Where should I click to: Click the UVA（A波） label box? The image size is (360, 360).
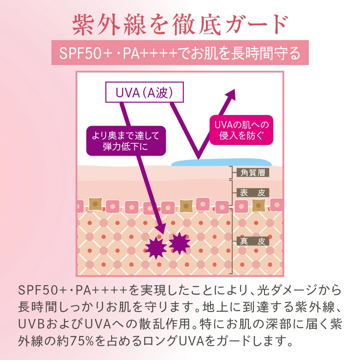point(144,92)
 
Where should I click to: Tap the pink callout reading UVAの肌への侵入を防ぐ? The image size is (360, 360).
point(241,130)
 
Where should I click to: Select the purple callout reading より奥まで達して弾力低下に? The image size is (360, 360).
point(126,141)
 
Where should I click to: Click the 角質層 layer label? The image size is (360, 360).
point(253,173)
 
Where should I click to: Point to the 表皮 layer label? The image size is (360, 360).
point(253,193)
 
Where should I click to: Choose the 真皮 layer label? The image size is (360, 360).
point(253,241)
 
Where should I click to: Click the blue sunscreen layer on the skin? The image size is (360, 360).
point(221,162)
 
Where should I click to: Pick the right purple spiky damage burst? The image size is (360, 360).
point(179,243)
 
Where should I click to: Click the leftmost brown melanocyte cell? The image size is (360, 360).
point(95,204)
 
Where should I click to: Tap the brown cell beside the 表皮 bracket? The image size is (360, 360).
point(259,206)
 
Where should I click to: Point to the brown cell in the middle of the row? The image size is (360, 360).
point(186,206)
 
